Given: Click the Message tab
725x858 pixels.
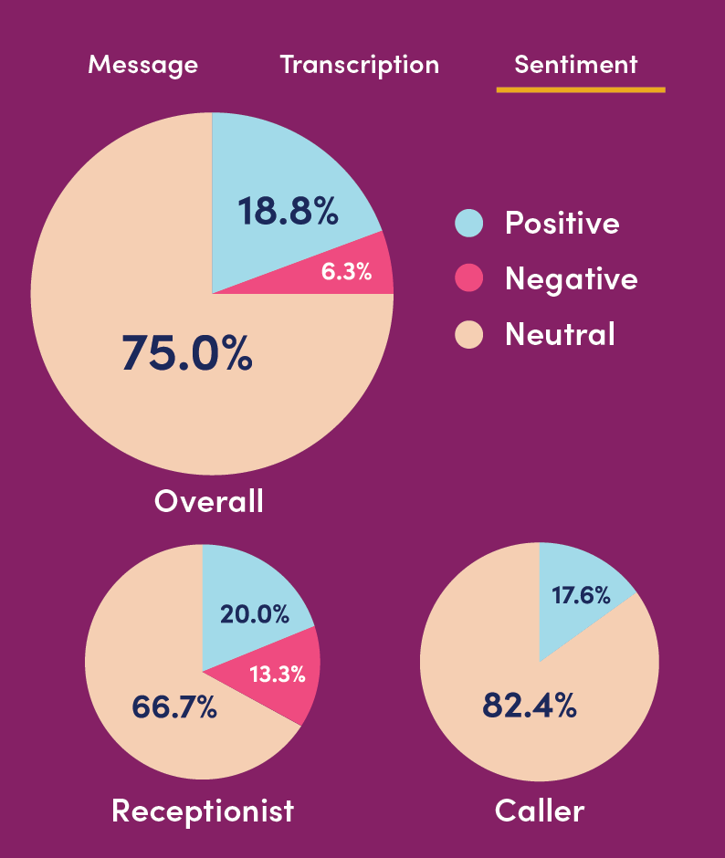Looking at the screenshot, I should coord(142,65).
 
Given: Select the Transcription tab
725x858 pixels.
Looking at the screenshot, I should coord(359,65).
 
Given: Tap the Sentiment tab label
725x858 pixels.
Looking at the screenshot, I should coord(576,65).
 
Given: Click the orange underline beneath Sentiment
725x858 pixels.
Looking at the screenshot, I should coord(581,89).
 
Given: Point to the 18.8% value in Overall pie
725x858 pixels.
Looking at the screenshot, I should coord(288,211).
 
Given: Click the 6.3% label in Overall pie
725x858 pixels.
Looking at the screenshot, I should coord(346,271).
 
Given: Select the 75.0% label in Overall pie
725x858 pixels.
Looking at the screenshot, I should coord(186,352).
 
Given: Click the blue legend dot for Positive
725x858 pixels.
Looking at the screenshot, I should coord(468,224).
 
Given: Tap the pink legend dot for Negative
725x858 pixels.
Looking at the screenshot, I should coord(468,278).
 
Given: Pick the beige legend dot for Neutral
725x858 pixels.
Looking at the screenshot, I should coord(468,334).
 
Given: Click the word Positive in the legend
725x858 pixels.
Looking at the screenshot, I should coord(562,224).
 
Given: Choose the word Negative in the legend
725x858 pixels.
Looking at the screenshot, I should coord(571,278).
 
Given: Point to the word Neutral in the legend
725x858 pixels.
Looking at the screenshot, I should coord(560,334).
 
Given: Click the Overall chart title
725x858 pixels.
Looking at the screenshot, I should coord(209,500).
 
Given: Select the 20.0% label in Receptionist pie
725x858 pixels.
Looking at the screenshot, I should coord(255,614).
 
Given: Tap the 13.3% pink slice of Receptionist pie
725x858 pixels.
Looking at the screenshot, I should coord(277,675).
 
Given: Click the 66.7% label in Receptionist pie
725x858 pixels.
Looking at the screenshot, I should coord(174,706).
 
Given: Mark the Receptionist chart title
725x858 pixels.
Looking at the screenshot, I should coord(203,810).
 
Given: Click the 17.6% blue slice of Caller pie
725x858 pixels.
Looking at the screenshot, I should coord(581,595).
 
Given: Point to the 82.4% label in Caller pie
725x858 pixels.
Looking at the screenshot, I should coord(530,705).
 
